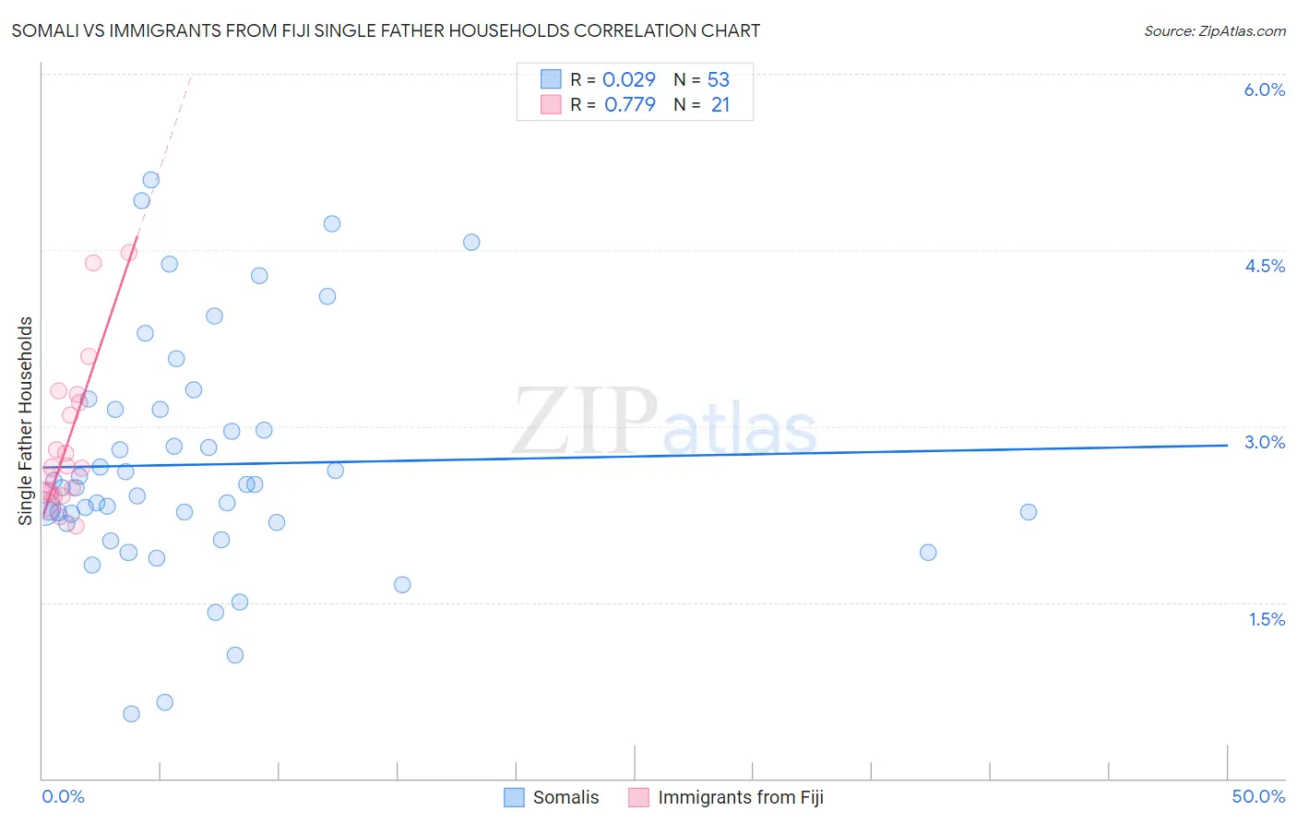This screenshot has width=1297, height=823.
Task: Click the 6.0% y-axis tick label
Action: coord(1264,89)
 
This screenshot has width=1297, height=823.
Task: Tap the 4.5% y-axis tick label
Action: coord(1264,266)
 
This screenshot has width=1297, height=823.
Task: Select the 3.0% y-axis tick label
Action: coord(1264,442)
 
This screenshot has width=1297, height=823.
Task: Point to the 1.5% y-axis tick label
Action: coord(1267,619)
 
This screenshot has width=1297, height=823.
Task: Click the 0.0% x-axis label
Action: coord(63,796)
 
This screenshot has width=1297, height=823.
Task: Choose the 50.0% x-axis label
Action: coord(1258,796)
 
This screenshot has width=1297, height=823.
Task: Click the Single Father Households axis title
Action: coord(26,421)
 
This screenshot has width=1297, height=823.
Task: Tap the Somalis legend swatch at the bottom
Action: coord(514,797)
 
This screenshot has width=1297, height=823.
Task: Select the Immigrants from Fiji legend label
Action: coord(740,797)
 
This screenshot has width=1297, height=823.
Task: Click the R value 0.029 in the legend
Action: coord(628,79)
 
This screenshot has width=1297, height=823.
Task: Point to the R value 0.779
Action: coord(629,105)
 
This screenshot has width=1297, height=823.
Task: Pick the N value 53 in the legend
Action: coord(718,79)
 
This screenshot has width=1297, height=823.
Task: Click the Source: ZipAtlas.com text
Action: coord(1214,30)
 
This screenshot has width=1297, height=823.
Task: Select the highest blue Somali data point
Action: coord(150,180)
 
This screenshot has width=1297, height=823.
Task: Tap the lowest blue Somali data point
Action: coord(131,713)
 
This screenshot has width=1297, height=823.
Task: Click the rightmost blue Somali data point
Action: coord(1029,512)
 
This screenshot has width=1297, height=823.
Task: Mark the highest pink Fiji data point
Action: coord(129,252)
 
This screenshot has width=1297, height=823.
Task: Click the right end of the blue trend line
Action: coord(1227,445)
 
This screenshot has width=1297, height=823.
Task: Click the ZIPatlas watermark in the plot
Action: coord(664,423)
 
